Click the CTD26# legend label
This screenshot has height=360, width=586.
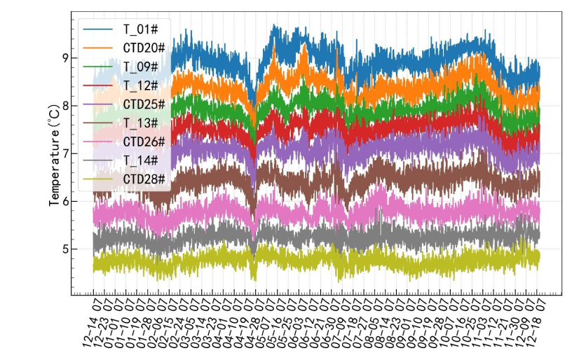tap(143, 142)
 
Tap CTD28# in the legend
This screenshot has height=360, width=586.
tap(143, 180)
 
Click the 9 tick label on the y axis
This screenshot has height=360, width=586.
tap(65, 58)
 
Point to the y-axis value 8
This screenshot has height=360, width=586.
tap(65, 106)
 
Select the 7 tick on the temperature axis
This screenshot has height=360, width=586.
tap(65, 153)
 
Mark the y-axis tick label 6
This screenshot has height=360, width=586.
tap(65, 201)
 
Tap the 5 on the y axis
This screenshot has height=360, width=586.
tap(65, 249)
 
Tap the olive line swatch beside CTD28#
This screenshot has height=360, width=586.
tap(97, 180)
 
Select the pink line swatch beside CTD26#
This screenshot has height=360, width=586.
tap(97, 142)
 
